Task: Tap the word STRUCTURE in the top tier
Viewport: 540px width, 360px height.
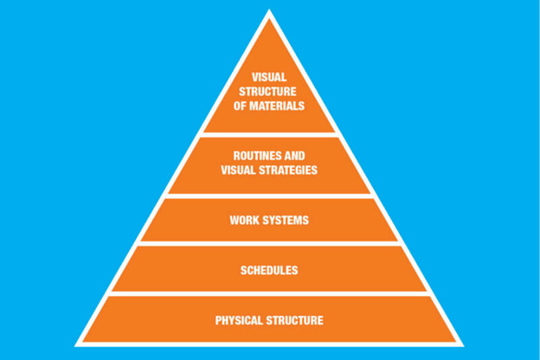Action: coord(268,92)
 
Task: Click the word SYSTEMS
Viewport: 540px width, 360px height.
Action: coord(285,220)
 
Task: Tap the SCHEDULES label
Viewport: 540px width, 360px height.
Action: coord(268,270)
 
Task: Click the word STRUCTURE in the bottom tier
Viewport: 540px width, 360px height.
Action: coord(294,320)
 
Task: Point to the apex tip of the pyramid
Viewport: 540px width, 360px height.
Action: coord(269,13)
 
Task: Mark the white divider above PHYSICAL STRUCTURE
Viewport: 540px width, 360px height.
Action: coord(268,293)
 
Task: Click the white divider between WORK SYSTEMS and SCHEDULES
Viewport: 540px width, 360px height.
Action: coord(268,244)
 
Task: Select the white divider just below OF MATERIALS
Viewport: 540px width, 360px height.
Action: coord(268,134)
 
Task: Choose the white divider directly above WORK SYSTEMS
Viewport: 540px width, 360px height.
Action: coord(268,196)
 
